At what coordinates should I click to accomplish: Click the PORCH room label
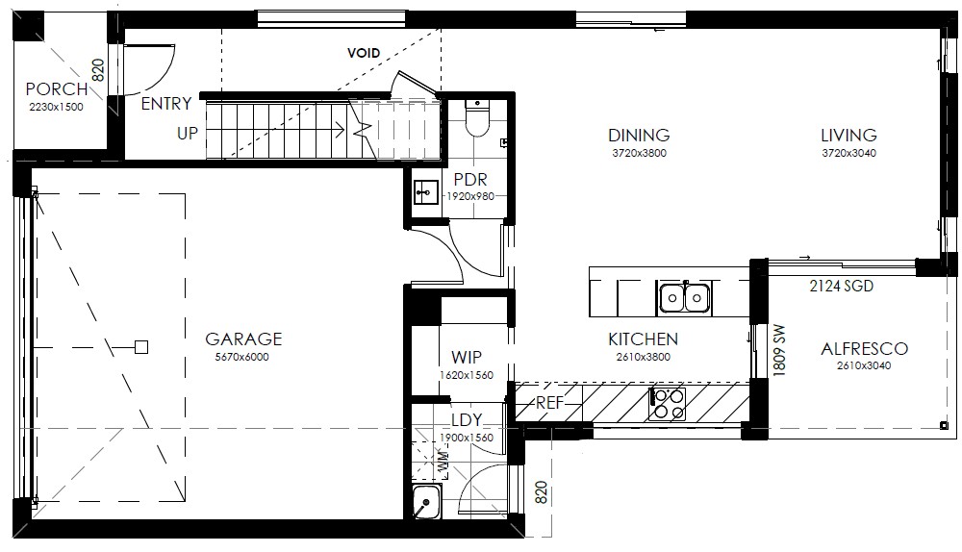[57, 88]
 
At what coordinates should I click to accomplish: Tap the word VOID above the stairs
[364, 53]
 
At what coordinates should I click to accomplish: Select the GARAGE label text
[243, 339]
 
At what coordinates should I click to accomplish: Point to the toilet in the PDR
[477, 117]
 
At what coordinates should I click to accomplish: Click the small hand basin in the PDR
[426, 192]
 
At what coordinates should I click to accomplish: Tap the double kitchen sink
[683, 298]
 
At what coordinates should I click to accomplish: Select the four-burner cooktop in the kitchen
[668, 404]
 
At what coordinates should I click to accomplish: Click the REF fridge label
[549, 403]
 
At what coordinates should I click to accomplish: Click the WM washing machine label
[443, 461]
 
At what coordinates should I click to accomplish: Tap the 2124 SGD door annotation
[841, 286]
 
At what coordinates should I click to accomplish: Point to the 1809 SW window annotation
[778, 350]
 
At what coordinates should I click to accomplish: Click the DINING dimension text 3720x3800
[640, 153]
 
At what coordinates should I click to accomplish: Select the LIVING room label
[849, 135]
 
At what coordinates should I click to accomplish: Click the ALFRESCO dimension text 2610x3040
[864, 365]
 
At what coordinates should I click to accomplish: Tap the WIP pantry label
[467, 357]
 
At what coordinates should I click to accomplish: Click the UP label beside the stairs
[188, 133]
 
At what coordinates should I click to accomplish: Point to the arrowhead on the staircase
[340, 130]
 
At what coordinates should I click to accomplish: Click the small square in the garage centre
[141, 347]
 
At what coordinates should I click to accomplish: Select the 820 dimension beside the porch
[98, 70]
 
